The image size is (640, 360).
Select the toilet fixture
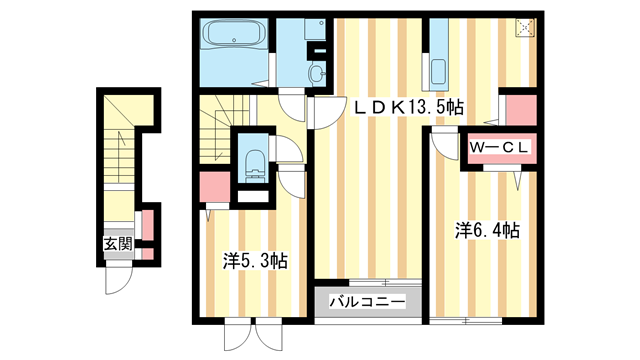click(252, 162)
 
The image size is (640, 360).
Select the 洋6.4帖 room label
click(487, 230)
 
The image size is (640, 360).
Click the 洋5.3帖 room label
click(255, 261)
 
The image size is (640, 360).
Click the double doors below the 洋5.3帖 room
click(241, 336)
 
